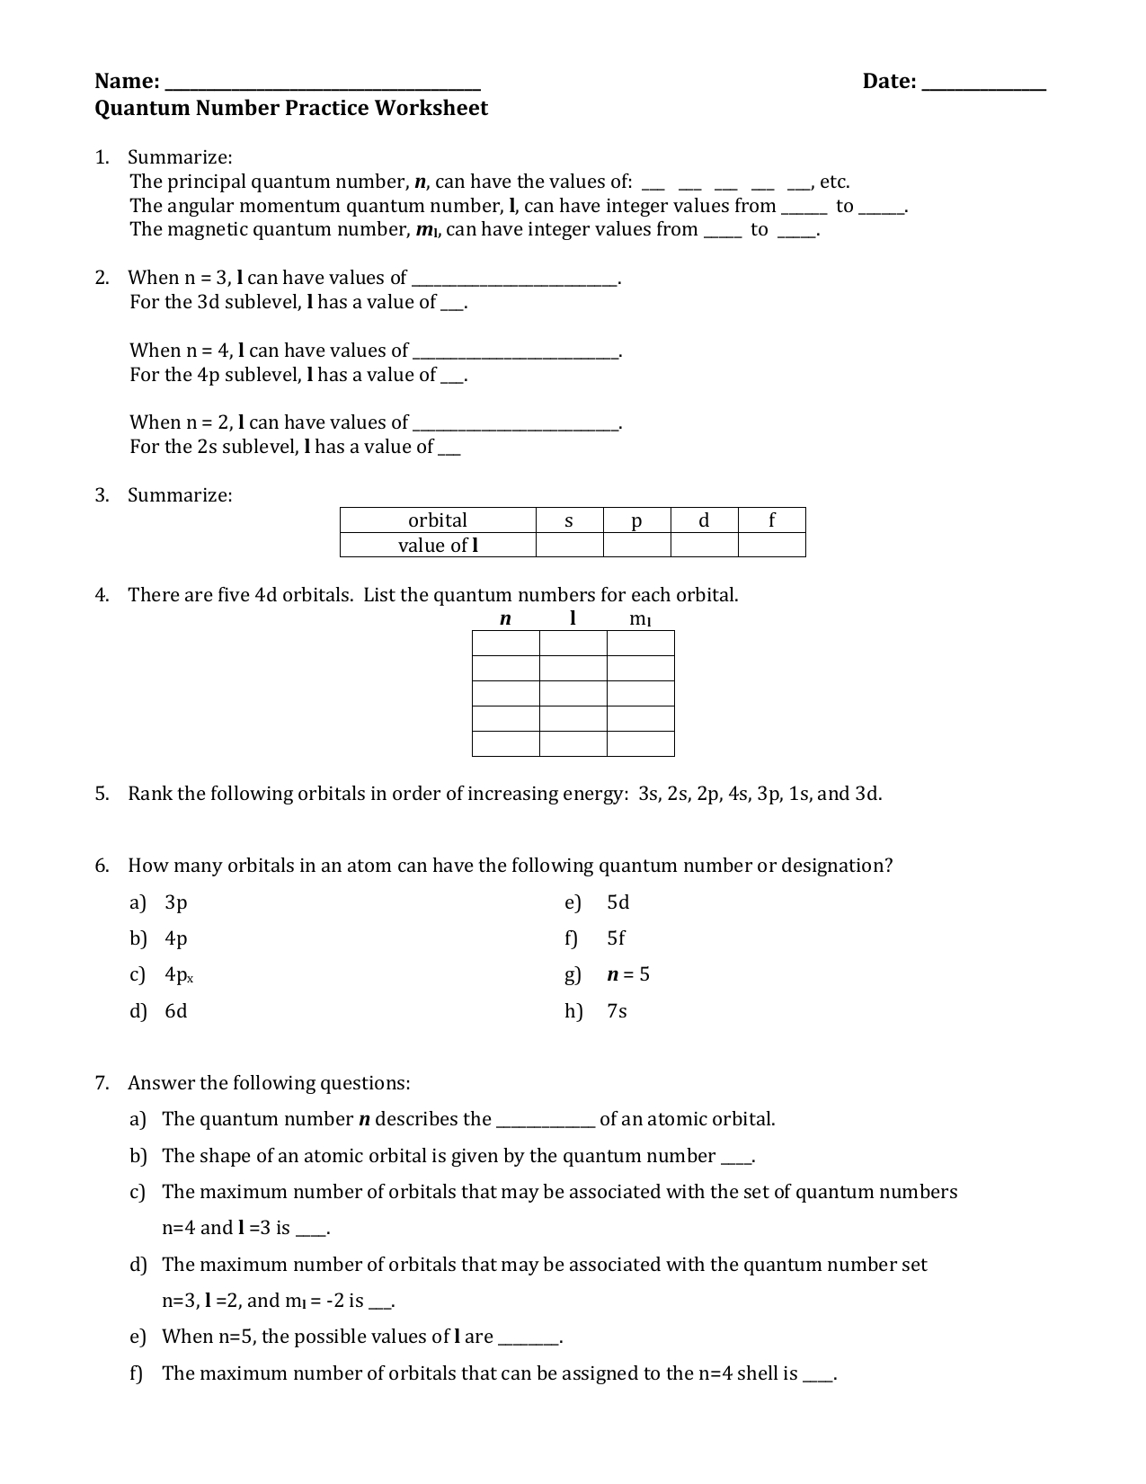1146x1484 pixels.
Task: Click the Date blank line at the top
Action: (x=984, y=84)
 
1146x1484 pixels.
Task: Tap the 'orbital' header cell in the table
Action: (x=438, y=520)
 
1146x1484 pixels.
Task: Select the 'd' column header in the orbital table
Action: (x=704, y=520)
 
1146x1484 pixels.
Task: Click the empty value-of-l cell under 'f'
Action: (x=771, y=545)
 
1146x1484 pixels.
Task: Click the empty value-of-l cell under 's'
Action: (x=569, y=545)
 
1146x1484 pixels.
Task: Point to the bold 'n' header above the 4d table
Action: (x=505, y=618)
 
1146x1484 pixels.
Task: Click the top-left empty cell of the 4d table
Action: (x=505, y=644)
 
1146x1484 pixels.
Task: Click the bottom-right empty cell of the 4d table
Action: (x=640, y=743)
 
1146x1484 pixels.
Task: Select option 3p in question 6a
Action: (x=176, y=902)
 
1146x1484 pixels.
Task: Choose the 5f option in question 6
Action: (x=616, y=938)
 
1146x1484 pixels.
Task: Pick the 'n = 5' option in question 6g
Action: (x=628, y=975)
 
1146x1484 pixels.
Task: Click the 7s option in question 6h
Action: (x=617, y=1011)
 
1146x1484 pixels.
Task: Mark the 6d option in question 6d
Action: (x=176, y=1011)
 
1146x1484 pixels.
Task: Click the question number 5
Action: (x=102, y=794)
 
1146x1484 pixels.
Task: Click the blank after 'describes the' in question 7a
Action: (x=546, y=1120)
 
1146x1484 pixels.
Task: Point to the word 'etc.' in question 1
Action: (x=834, y=182)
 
